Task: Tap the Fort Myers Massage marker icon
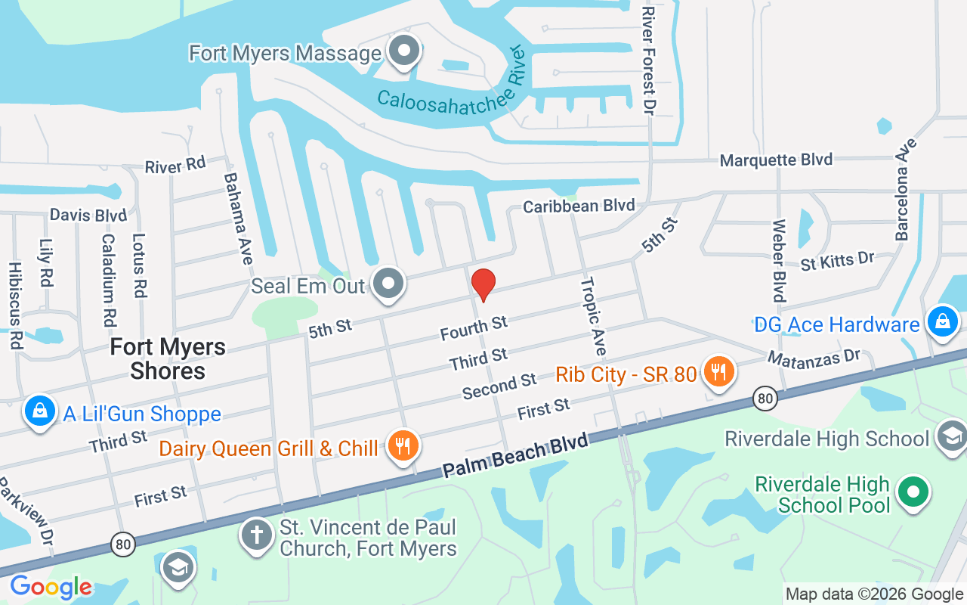click(x=404, y=51)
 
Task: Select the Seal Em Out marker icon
click(x=389, y=284)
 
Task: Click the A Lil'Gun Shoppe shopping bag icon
click(x=39, y=411)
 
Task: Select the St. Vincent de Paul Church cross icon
click(x=256, y=535)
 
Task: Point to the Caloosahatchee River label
click(x=451, y=88)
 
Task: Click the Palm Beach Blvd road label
click(x=515, y=456)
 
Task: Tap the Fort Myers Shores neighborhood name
click(x=168, y=358)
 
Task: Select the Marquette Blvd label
click(x=776, y=160)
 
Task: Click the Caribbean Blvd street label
click(x=579, y=206)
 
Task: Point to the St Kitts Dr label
click(x=837, y=261)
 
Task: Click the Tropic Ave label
click(x=594, y=316)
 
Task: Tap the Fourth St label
click(x=474, y=328)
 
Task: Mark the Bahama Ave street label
click(x=238, y=218)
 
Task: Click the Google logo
click(x=51, y=587)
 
